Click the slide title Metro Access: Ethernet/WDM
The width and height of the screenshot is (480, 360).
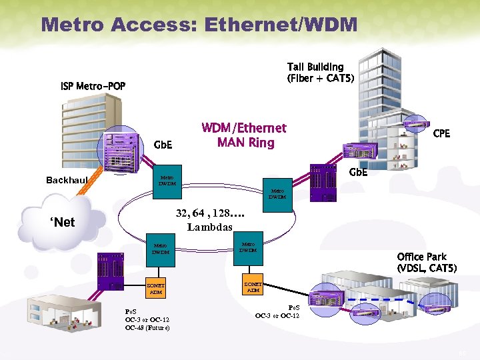pyautogui.click(x=199, y=25)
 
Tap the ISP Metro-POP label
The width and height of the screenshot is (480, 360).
pyautogui.click(x=93, y=87)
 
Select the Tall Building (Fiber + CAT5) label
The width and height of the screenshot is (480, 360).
pyautogui.click(x=321, y=73)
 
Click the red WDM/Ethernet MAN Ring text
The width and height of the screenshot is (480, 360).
pyautogui.click(x=244, y=135)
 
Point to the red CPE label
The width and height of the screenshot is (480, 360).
pyautogui.click(x=441, y=134)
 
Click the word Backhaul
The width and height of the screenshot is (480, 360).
pyautogui.click(x=67, y=181)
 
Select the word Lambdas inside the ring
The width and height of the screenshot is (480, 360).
pyautogui.click(x=209, y=227)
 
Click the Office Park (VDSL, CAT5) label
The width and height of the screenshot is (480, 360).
pyautogui.click(x=427, y=263)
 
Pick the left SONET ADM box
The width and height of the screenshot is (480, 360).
pyautogui.click(x=155, y=289)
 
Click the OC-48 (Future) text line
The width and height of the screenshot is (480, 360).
pyautogui.click(x=147, y=328)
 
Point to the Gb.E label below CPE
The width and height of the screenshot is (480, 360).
pyautogui.click(x=358, y=173)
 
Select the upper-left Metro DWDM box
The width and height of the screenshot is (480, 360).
pyautogui.click(x=167, y=181)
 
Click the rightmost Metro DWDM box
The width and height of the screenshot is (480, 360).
pyautogui.click(x=277, y=194)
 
